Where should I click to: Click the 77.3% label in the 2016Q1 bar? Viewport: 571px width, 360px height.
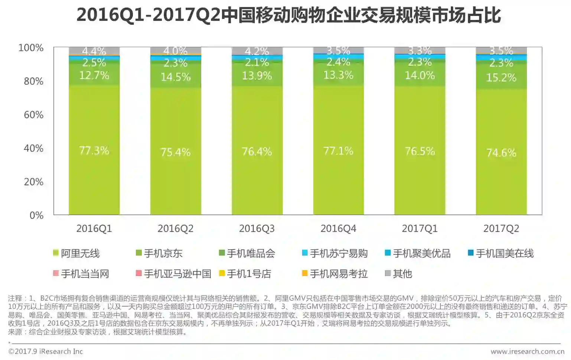(94, 150)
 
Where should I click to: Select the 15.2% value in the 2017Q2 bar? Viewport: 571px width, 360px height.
(501, 78)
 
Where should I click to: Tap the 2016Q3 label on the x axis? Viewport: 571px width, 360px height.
(257, 228)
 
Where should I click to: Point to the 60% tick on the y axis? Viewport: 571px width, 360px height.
(33, 115)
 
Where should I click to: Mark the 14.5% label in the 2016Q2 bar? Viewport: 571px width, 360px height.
(176, 77)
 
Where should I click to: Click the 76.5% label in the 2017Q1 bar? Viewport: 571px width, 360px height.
(420, 151)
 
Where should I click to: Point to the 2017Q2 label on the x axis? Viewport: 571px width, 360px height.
(501, 228)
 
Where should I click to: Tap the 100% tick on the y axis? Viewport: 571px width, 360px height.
(31, 48)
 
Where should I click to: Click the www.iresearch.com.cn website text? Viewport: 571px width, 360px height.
(527, 351)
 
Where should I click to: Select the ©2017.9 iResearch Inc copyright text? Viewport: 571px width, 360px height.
(45, 351)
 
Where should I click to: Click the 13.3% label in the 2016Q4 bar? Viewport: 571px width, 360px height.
(338, 75)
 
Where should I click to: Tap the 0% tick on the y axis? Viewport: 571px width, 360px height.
(36, 215)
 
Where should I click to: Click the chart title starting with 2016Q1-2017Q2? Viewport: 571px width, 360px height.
(288, 16)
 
